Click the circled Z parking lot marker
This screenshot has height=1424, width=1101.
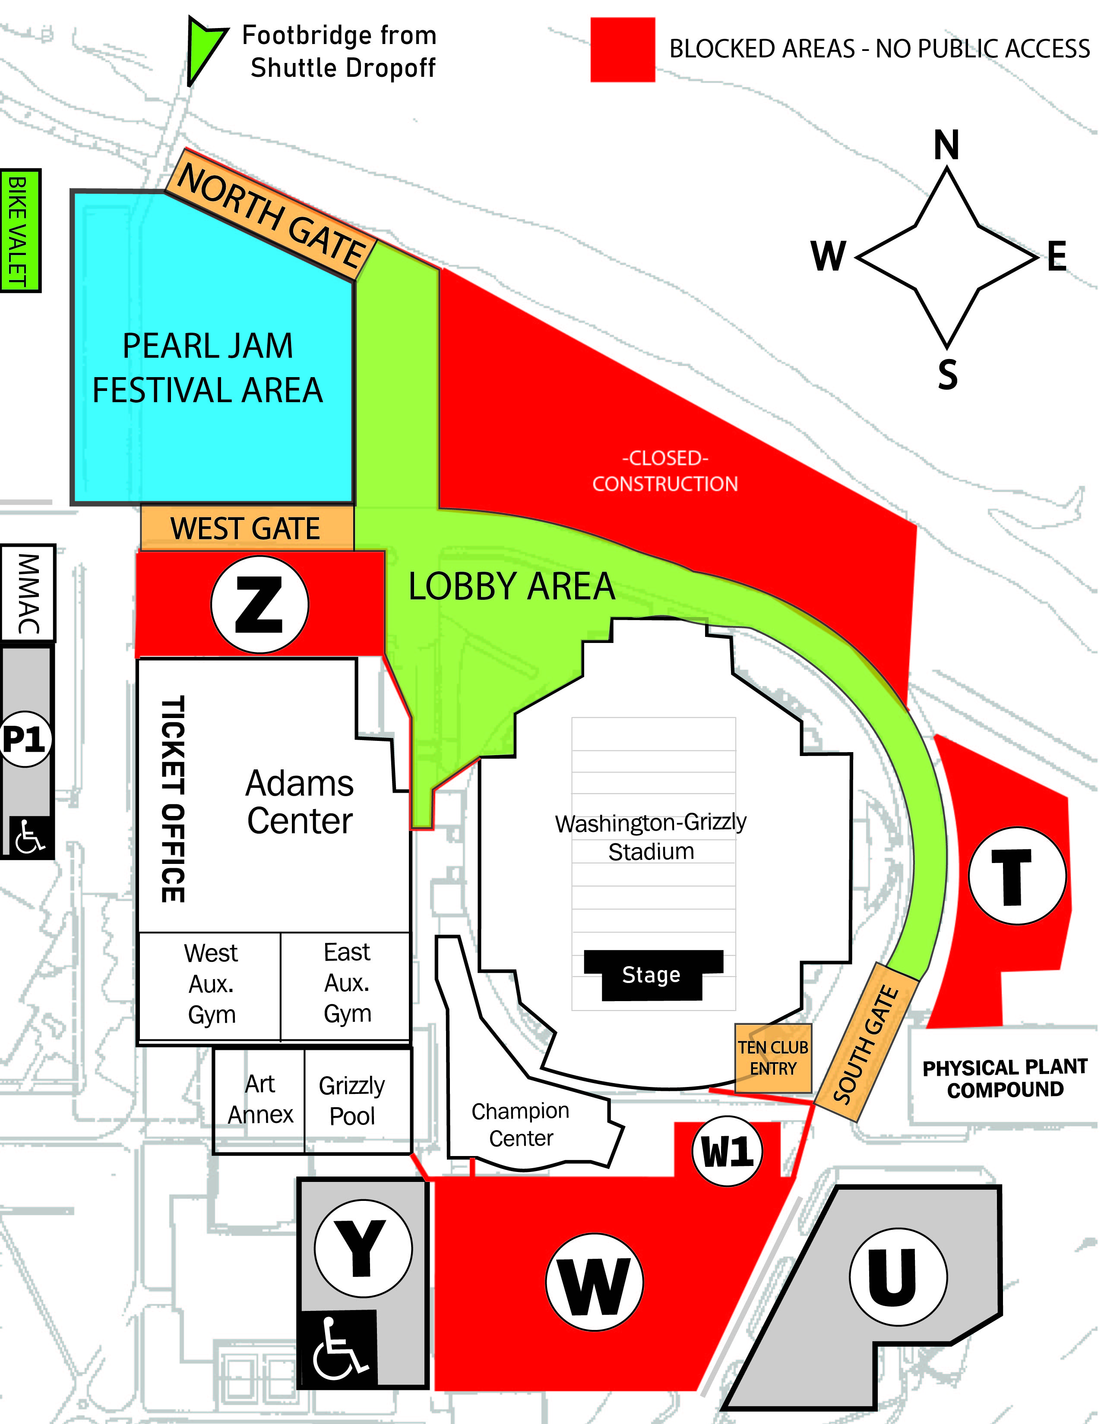click(259, 605)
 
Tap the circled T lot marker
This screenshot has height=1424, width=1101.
click(1017, 876)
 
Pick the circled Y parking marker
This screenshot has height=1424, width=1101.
click(363, 1248)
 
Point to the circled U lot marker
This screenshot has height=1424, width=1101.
click(898, 1277)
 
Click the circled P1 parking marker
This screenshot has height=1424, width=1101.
click(25, 739)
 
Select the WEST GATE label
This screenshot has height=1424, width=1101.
click(247, 528)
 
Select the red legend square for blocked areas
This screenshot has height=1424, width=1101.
click(622, 50)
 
